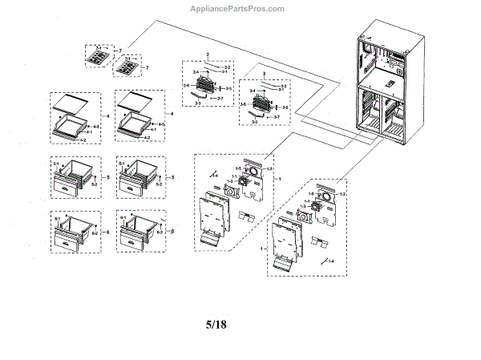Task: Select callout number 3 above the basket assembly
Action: (265, 73)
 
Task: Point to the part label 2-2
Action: (227, 67)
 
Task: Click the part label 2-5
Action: (228, 87)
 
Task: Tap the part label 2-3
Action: (197, 103)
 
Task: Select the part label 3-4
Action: (251, 91)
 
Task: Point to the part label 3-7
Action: (277, 118)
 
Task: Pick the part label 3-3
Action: (255, 123)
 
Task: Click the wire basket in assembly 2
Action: (205, 83)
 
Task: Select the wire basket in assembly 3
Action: (263, 103)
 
